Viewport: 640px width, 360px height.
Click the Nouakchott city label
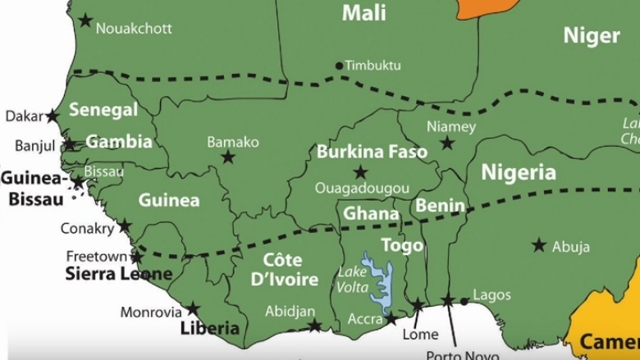[134, 28]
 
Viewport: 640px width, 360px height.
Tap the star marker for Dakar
[53, 116]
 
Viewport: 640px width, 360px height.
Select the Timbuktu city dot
[339, 66]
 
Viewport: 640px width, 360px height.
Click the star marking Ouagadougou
[360, 172]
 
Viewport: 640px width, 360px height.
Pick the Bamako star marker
[228, 157]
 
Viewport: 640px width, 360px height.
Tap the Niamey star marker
[447, 144]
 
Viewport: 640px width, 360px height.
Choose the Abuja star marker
[539, 245]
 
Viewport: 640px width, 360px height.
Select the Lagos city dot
[464, 301]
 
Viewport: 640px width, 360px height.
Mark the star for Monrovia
[193, 309]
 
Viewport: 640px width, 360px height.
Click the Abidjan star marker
[314, 326]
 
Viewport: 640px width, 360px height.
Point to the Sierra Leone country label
[118, 274]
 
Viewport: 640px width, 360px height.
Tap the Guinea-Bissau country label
[33, 189]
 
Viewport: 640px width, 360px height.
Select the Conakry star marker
[124, 226]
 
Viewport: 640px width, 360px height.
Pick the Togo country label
[402, 245]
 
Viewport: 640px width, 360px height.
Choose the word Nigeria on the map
[518, 172]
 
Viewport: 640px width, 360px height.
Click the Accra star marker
[391, 318]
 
